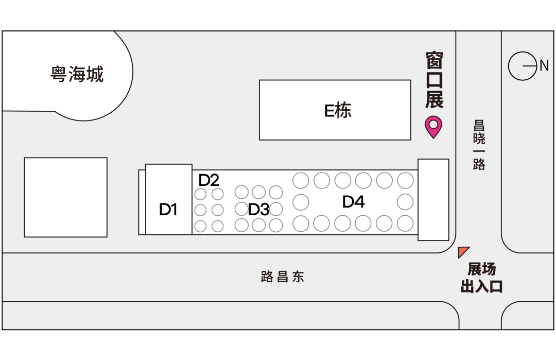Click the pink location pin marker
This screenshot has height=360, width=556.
coord(433,126)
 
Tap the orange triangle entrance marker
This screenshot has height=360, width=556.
coord(463,251)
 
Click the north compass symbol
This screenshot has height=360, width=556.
coord(523,66)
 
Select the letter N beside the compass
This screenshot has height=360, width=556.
coord(544,66)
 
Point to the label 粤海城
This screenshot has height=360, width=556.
coord(77,74)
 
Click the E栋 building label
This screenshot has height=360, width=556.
coord(338,110)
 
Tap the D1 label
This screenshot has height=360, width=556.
coord(168,210)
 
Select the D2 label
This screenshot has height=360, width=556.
coord(209,180)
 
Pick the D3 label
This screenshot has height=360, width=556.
coord(258,210)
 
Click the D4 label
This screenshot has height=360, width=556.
coord(354,202)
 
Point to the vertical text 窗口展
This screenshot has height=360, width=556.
coord(434,80)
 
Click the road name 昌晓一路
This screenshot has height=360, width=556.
coord(479,145)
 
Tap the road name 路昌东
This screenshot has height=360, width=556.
coord(283,277)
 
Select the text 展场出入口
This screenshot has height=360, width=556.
coord(481,278)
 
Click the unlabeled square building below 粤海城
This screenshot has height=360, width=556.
coord(66,197)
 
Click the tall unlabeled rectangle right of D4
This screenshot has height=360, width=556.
coord(433,200)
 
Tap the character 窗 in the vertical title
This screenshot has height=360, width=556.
coord(434,61)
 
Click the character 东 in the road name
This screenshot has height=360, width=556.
coord(299,277)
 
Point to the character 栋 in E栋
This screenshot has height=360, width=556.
coord(344,110)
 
